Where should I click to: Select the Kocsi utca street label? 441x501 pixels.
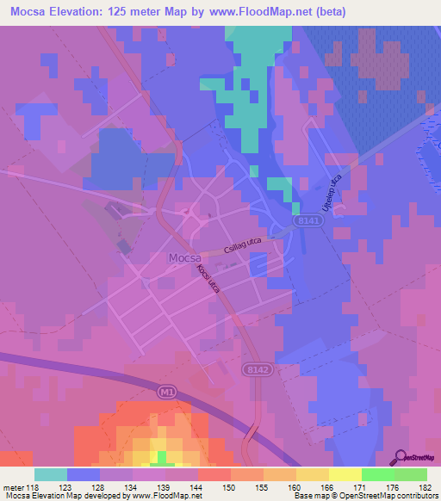(x=208, y=280)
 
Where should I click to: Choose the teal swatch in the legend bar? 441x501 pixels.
(x=51, y=474)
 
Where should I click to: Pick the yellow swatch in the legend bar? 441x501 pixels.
(x=345, y=474)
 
